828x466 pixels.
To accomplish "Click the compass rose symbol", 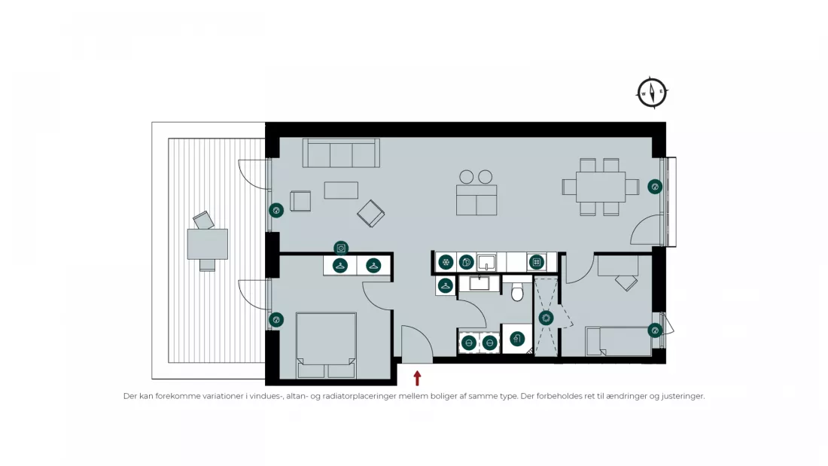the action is pos(652,93).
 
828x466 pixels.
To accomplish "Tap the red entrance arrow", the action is pos(417,378).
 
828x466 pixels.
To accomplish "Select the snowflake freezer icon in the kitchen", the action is pos(446,262).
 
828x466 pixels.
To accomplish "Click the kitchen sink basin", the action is pos(486,263).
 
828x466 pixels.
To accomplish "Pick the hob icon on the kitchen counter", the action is pos(537,262).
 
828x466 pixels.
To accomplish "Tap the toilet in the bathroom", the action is pos(518,291).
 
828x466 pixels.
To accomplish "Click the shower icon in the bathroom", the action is pos(517,339).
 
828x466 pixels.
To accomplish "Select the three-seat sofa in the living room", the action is pos(341,153).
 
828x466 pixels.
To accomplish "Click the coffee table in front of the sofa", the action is pos(341,190).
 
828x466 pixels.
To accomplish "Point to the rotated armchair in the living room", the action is pos(370,214).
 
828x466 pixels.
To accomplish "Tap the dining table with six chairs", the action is pos(601,187).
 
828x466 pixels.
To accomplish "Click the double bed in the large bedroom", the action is pos(326,345).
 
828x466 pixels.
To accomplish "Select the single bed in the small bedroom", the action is pos(618,341).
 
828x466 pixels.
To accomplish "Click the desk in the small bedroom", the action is pos(618,266).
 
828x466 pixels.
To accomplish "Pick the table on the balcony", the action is pos(208,244).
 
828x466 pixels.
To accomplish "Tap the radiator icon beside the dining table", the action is pos(655,187).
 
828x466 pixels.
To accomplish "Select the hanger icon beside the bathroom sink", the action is pos(445,286).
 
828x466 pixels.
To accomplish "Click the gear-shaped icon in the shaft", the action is pos(546,318).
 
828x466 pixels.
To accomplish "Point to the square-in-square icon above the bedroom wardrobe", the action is pos(341,248).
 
